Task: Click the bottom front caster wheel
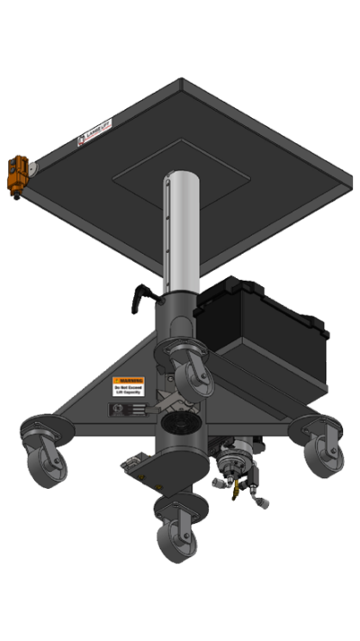(x=170, y=537)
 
